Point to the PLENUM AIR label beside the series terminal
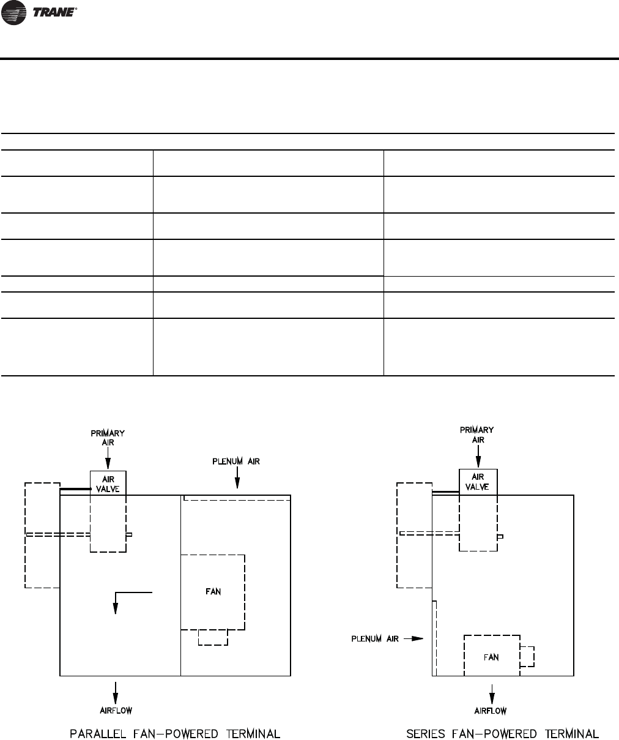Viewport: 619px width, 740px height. [375, 638]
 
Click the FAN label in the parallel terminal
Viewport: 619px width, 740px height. [212, 591]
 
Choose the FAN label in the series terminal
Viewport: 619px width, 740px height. [491, 657]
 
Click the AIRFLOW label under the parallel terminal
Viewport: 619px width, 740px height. [116, 710]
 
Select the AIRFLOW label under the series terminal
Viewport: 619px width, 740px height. [491, 710]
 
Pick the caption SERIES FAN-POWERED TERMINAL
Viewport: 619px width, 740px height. [503, 733]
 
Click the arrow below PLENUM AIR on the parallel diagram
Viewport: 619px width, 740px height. [236, 480]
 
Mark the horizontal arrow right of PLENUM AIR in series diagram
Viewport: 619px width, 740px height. [414, 638]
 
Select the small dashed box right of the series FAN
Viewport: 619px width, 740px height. [527, 656]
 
